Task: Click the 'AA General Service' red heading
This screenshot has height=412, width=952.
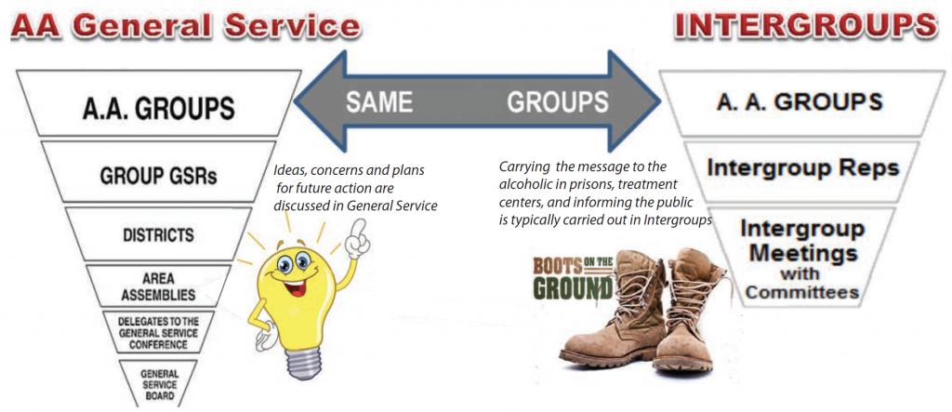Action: point(186,27)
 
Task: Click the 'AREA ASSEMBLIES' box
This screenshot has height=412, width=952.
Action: point(157,286)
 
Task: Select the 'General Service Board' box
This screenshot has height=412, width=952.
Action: point(157,381)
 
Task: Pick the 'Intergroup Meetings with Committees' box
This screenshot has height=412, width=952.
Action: point(802,258)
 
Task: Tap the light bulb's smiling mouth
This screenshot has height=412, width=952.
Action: point(292,286)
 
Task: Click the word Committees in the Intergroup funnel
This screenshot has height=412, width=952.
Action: point(802,292)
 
